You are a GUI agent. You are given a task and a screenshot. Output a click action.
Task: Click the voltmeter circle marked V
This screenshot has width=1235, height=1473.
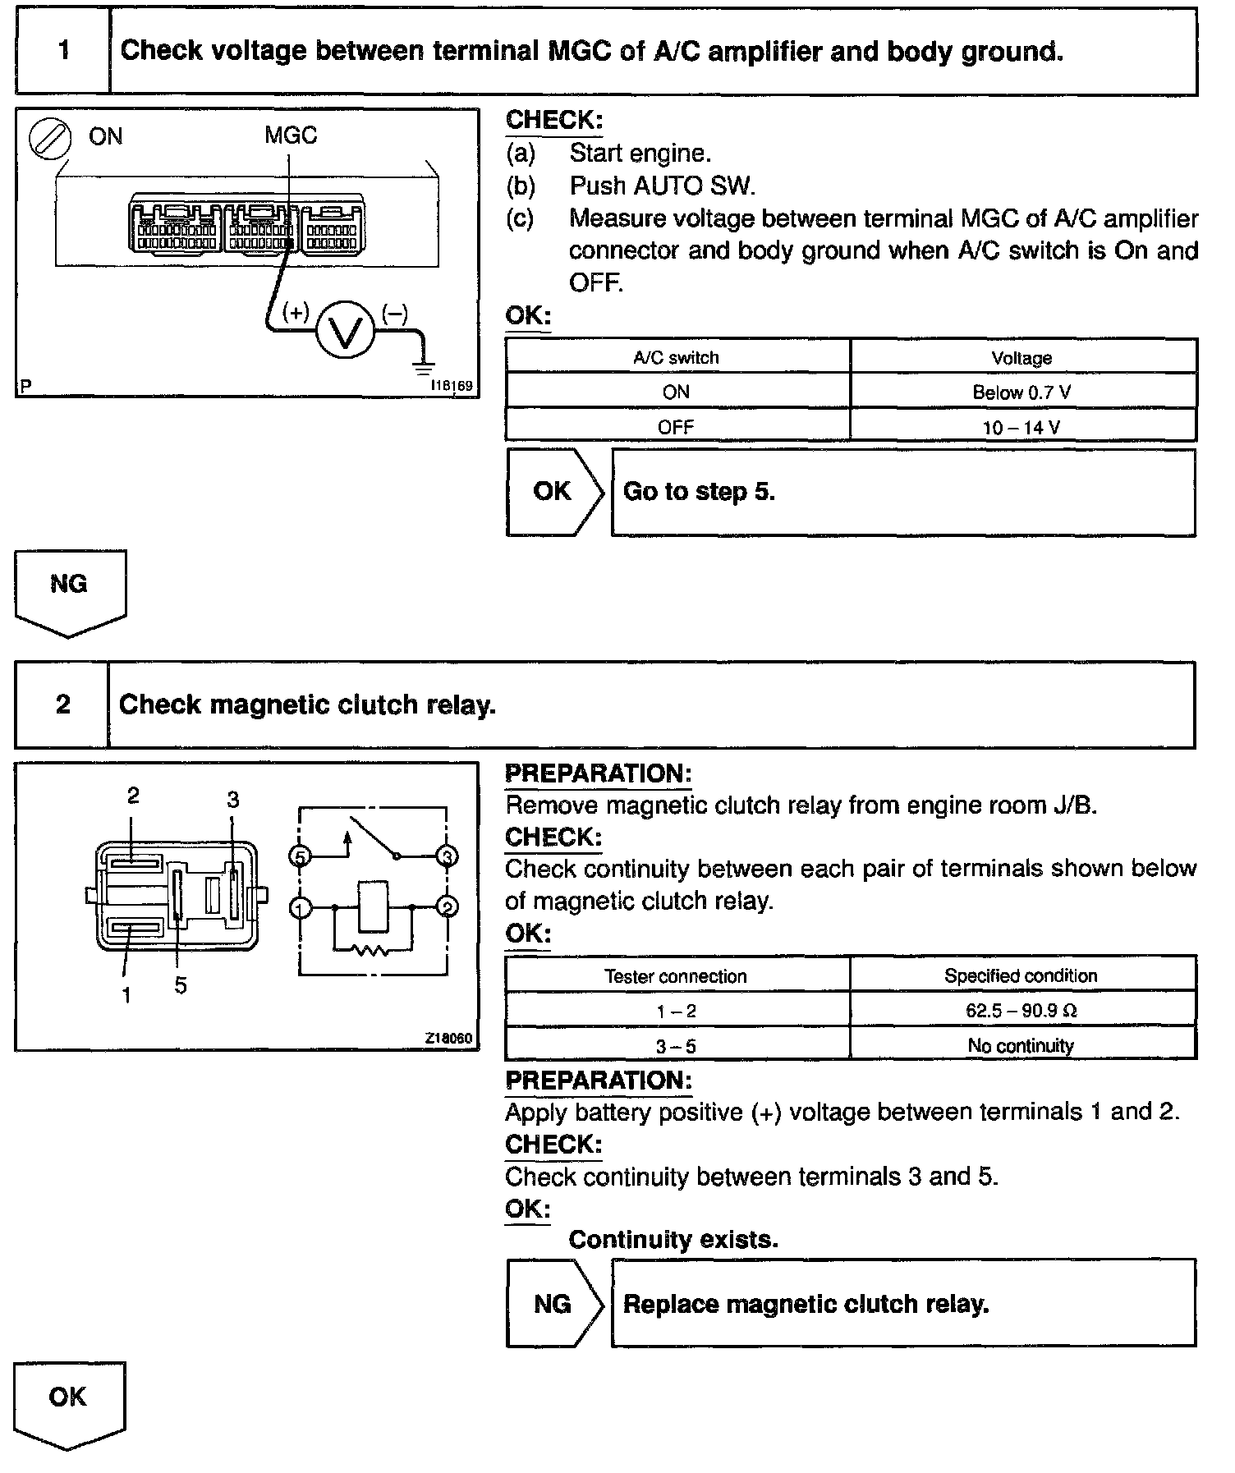346,330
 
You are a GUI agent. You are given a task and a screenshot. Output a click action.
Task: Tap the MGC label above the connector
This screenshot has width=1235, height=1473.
291,135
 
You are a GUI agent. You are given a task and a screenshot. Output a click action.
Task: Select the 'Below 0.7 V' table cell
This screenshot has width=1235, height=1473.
1022,392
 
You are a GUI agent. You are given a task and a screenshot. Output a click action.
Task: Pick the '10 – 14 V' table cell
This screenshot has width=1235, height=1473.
1022,427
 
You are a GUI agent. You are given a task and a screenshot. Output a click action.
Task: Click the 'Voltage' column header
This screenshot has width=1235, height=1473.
1022,358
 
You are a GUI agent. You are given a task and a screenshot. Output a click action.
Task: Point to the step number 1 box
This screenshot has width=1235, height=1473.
63,51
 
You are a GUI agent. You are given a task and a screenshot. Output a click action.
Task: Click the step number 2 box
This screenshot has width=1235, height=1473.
62,704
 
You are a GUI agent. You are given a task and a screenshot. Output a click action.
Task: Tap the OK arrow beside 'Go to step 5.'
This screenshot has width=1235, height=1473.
553,492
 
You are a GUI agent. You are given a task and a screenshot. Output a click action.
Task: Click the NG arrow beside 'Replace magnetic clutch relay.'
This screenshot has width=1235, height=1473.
553,1304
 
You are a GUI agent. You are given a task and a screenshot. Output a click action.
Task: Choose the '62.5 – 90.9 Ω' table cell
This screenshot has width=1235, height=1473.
1022,1011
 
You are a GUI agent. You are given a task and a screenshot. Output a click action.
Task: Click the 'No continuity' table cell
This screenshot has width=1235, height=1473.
1022,1045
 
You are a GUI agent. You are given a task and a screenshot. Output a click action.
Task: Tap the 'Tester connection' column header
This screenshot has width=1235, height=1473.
676,976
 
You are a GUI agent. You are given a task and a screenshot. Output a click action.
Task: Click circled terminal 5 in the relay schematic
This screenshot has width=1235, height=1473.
300,857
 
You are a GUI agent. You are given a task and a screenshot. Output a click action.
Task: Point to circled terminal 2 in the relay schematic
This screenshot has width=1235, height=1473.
448,907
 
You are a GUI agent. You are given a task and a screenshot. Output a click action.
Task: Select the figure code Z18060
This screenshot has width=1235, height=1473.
448,1039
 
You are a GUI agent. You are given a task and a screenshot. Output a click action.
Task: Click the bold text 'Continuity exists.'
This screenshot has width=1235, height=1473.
673,1240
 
